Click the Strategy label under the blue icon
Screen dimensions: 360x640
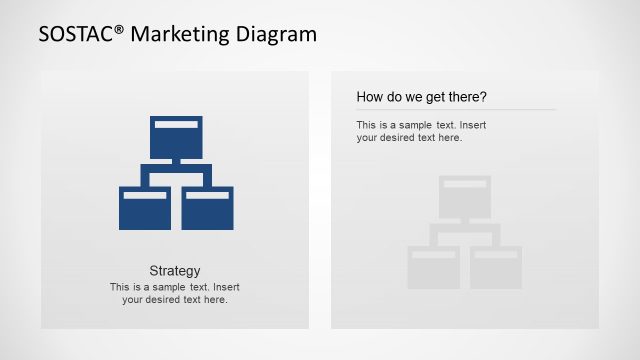pos(175,271)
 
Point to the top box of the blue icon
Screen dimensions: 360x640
pos(176,137)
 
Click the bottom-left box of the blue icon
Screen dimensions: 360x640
pos(145,208)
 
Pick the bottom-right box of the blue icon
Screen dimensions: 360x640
pos(207,208)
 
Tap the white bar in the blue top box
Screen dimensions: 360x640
pos(176,124)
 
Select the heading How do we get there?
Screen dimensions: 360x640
pos(421,97)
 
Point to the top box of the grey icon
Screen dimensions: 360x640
pos(465,196)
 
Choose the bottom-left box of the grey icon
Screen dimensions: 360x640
pos(433,267)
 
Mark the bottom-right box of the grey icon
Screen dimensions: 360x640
pos(496,267)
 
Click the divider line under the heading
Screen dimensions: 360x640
pos(455,109)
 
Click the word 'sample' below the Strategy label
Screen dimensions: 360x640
pos(171,287)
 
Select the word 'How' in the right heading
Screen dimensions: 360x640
pos(369,97)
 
